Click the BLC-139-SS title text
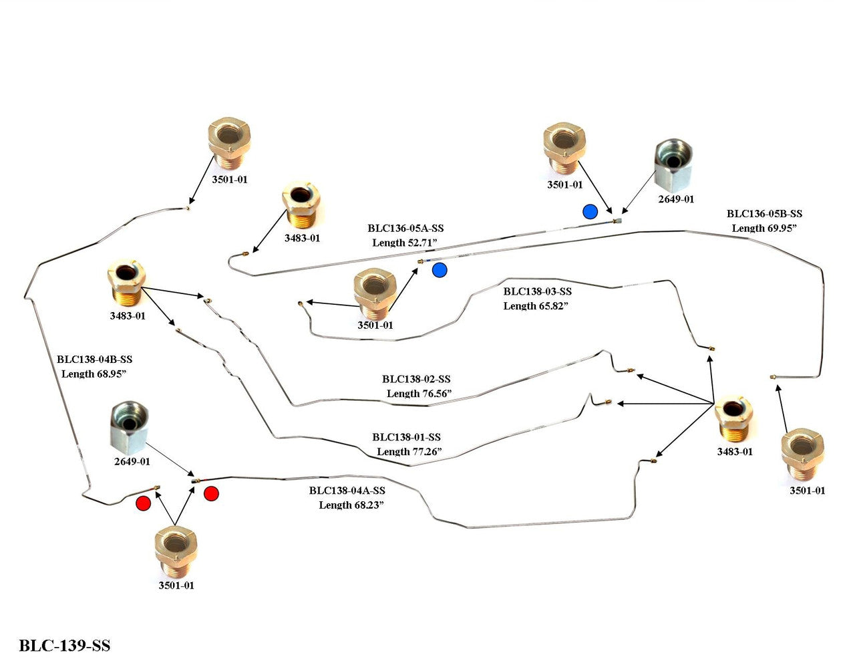[x=65, y=646]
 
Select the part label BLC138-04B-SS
[x=94, y=360]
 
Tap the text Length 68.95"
[x=94, y=374]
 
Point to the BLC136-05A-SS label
[x=405, y=229]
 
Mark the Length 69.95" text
[x=765, y=228]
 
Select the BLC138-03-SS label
[x=538, y=291]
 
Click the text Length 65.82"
[x=536, y=305]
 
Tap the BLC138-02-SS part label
[x=416, y=379]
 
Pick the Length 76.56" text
[x=419, y=393]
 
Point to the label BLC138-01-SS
[x=407, y=437]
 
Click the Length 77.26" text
[x=409, y=451]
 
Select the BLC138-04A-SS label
[x=347, y=491]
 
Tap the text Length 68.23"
[x=351, y=505]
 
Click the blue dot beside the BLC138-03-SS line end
[x=439, y=270]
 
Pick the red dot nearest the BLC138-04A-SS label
[x=211, y=494]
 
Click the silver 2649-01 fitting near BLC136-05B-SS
[x=673, y=164]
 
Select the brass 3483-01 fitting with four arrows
[x=733, y=418]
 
